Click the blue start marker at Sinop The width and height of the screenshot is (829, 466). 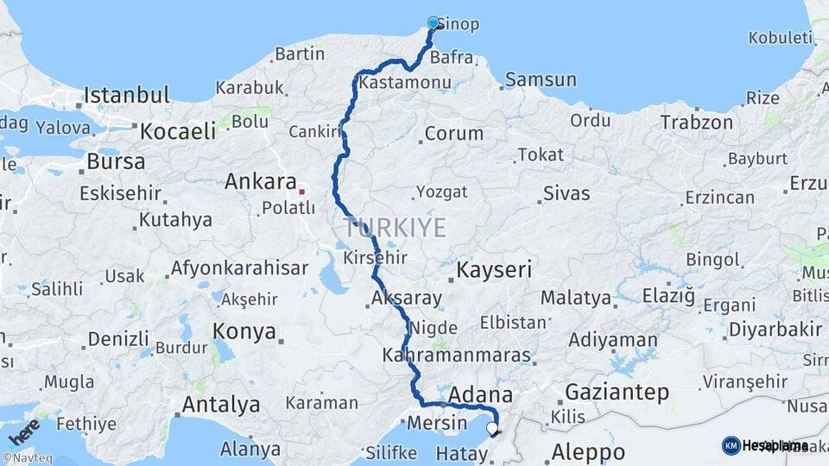coord(433,23)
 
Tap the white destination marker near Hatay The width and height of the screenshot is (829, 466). coord(492,428)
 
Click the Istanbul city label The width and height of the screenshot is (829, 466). coord(126,94)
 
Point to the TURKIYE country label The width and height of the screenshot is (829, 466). coord(396,229)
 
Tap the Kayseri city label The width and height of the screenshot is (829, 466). coord(493,270)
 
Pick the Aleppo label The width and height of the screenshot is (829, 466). coord(588,451)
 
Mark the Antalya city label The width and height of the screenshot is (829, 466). coord(220,404)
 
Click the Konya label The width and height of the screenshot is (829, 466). coord(244,331)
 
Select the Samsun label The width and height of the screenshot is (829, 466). coord(541,79)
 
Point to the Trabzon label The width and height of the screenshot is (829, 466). coord(697,123)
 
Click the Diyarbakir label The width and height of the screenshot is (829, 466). coord(775,329)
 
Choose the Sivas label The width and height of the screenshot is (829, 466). coord(566,193)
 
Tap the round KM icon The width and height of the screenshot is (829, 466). coord(731,445)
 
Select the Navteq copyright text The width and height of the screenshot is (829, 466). coord(25,458)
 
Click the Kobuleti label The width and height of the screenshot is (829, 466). coord(781,37)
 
